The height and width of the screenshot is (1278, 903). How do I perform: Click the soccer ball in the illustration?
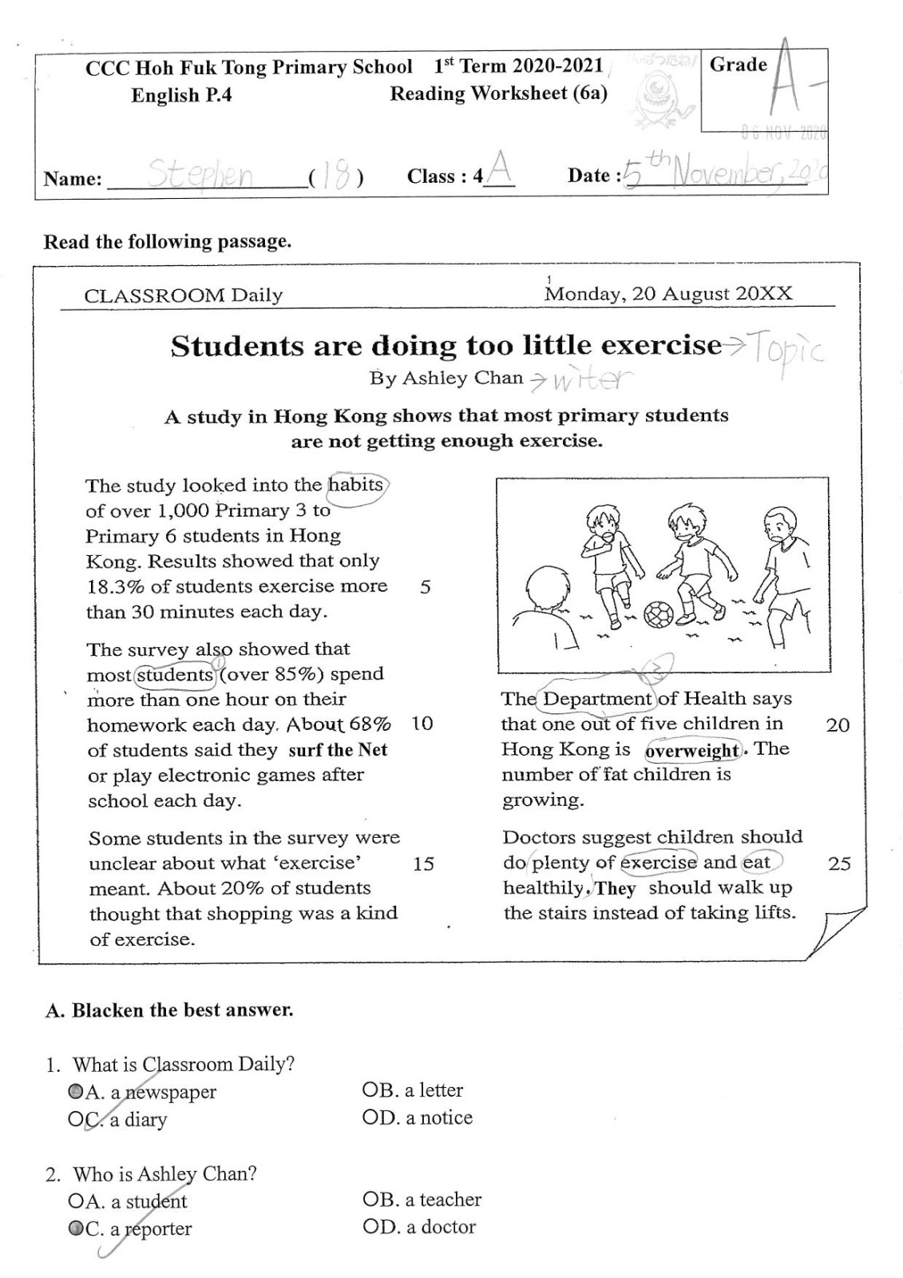[659, 613]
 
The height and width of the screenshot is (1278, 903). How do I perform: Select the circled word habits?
[356, 485]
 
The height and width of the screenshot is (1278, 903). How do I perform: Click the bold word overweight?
[692, 751]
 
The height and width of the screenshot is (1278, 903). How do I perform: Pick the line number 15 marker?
[423, 863]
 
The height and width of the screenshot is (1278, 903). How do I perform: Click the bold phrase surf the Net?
[338, 750]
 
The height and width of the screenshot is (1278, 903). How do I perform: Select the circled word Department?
[597, 699]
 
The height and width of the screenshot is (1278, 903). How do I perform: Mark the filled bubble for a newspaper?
[75, 1091]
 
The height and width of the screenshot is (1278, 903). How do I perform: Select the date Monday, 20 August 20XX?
[668, 294]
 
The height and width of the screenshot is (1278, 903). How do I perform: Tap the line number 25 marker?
[839, 863]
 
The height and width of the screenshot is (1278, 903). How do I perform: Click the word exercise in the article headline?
[660, 346]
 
